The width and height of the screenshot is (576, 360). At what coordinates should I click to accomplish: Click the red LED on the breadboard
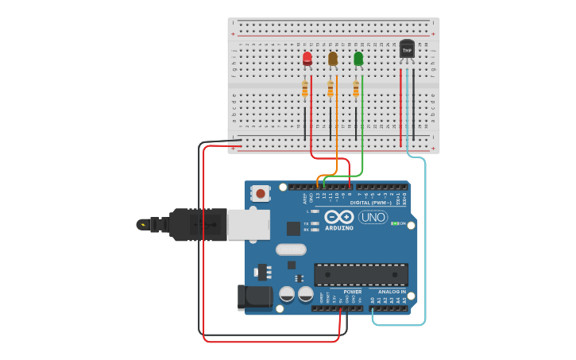coord(307,59)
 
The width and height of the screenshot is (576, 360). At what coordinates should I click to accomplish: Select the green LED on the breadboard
coord(358,59)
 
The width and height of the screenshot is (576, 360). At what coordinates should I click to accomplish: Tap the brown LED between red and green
coord(333,59)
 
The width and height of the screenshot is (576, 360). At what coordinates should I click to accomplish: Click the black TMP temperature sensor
coord(407,49)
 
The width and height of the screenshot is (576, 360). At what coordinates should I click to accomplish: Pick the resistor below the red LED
coord(305,89)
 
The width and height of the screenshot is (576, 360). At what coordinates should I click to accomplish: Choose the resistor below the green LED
coord(356,89)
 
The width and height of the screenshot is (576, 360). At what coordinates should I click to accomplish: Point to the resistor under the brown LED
coord(331,89)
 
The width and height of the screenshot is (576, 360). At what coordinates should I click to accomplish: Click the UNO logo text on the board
coord(373,217)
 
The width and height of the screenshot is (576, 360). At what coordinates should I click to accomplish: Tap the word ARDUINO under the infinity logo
coord(339,228)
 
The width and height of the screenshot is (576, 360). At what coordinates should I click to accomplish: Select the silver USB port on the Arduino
coord(248,224)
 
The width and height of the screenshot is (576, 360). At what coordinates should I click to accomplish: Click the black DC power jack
coord(254,297)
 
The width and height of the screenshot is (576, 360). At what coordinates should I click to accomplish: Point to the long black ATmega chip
coord(361,274)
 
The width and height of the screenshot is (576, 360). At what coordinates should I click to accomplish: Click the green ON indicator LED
coord(394,223)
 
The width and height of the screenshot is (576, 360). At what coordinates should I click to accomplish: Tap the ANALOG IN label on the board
coord(391,292)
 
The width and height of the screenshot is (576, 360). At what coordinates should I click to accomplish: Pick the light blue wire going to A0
coord(425,238)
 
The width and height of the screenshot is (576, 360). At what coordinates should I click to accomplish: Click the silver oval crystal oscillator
coord(291,249)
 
